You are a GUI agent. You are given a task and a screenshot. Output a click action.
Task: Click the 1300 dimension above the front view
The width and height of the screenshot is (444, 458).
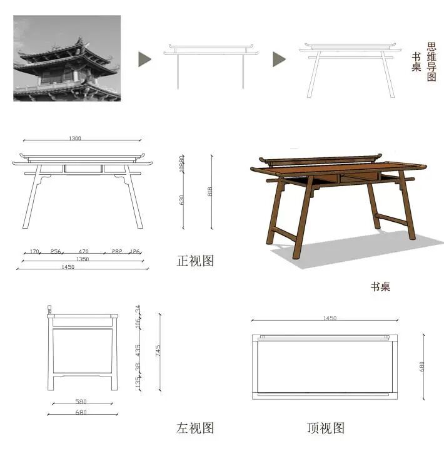coord(76,138)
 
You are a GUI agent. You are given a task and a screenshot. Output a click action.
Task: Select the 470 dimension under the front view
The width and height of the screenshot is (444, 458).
coord(83,251)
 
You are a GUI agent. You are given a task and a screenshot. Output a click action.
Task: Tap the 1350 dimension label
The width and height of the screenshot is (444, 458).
coord(83,259)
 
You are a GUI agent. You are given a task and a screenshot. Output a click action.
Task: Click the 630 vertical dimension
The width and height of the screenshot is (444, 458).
coord(182,200)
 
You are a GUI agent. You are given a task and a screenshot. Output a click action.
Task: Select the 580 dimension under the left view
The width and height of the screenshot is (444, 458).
coord(81,402)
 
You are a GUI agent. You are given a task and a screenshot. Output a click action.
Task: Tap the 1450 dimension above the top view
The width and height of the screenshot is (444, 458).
coord(330,318)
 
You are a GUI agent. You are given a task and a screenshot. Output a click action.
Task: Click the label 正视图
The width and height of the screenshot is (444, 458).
coord(195,261)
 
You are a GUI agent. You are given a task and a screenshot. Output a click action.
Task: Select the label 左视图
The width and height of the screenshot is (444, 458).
coord(195,428)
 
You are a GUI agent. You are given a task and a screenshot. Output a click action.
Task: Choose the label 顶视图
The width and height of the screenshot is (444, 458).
coord(326,428)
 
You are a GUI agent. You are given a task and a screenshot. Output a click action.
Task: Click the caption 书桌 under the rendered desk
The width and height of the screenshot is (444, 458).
coord(380,287)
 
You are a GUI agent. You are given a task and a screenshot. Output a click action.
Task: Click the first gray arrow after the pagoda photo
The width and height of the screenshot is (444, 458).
coord(144,59)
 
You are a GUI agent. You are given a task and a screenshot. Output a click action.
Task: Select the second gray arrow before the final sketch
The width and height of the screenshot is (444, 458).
coord(279,59)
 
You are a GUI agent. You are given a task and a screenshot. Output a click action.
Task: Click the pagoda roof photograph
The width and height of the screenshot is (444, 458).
coord(67,58)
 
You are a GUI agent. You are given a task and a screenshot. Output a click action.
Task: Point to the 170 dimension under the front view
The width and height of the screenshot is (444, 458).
coord(34,251)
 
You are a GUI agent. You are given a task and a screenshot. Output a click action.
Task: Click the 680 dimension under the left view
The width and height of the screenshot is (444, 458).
coord(81,412)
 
